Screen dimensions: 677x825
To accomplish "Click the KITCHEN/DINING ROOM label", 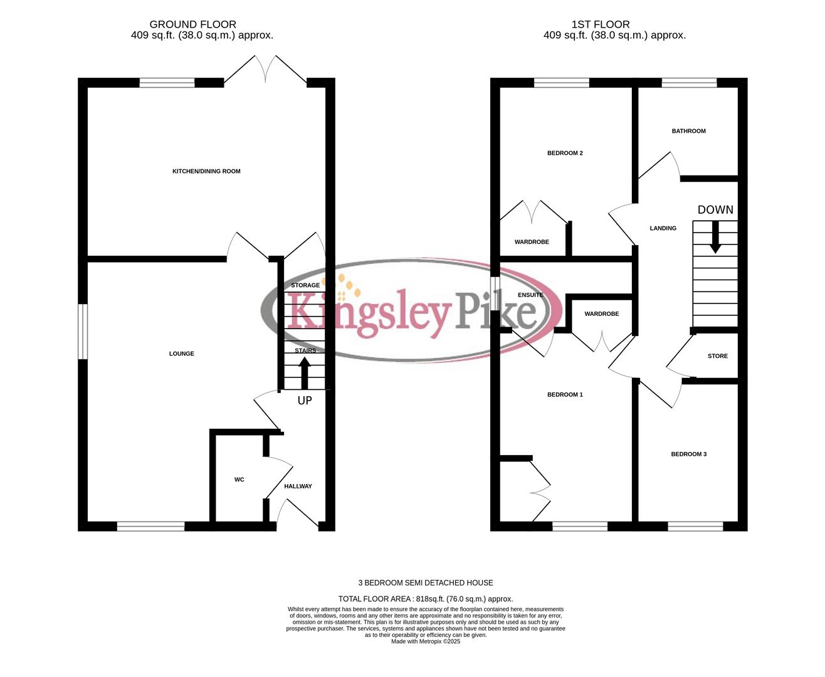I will [206, 171].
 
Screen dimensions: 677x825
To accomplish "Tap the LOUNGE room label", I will [182, 354].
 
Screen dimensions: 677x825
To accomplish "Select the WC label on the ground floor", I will [239, 480].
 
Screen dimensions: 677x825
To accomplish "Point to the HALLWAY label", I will [298, 486].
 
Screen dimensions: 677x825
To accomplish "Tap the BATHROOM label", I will [688, 131].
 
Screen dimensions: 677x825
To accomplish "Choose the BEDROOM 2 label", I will [565, 153].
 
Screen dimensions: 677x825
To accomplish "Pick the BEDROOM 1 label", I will [565, 394].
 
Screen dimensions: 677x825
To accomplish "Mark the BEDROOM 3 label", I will [688, 454].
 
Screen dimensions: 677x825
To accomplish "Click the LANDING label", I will [663, 228].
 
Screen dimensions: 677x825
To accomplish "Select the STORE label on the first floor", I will [718, 356].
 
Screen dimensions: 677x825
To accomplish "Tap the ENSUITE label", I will [530, 295].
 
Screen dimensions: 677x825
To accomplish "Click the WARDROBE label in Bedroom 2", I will [532, 242].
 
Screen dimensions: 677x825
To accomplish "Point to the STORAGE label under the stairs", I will [305, 285].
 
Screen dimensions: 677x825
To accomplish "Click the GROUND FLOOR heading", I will [193, 24].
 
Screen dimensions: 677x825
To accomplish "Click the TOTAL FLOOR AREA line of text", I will [426, 599].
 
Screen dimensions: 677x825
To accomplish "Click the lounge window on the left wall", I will [83, 332].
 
